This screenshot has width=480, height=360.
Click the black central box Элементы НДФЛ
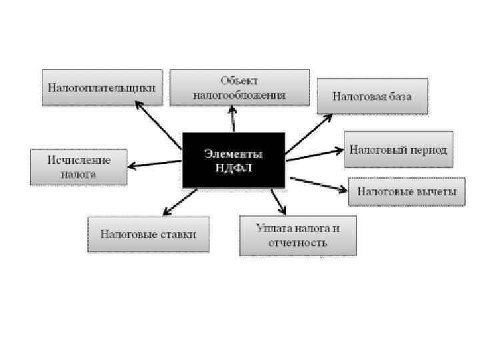tap(233, 160)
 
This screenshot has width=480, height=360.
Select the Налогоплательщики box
tap(103, 87)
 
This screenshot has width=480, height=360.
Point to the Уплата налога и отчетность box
tap(298, 235)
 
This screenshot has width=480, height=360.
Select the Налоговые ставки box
tap(149, 234)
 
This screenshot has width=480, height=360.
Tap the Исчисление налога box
tap(79, 167)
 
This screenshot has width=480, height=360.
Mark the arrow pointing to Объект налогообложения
tap(233, 120)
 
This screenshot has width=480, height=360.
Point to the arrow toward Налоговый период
tap(314, 155)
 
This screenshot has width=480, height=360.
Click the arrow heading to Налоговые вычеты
tap(319, 183)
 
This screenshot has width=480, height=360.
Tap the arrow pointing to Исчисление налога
tap(155, 163)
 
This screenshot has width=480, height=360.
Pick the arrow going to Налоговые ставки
tap(180, 201)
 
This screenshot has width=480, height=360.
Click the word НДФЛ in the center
tap(233, 167)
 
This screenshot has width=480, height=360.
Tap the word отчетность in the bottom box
tap(298, 243)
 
